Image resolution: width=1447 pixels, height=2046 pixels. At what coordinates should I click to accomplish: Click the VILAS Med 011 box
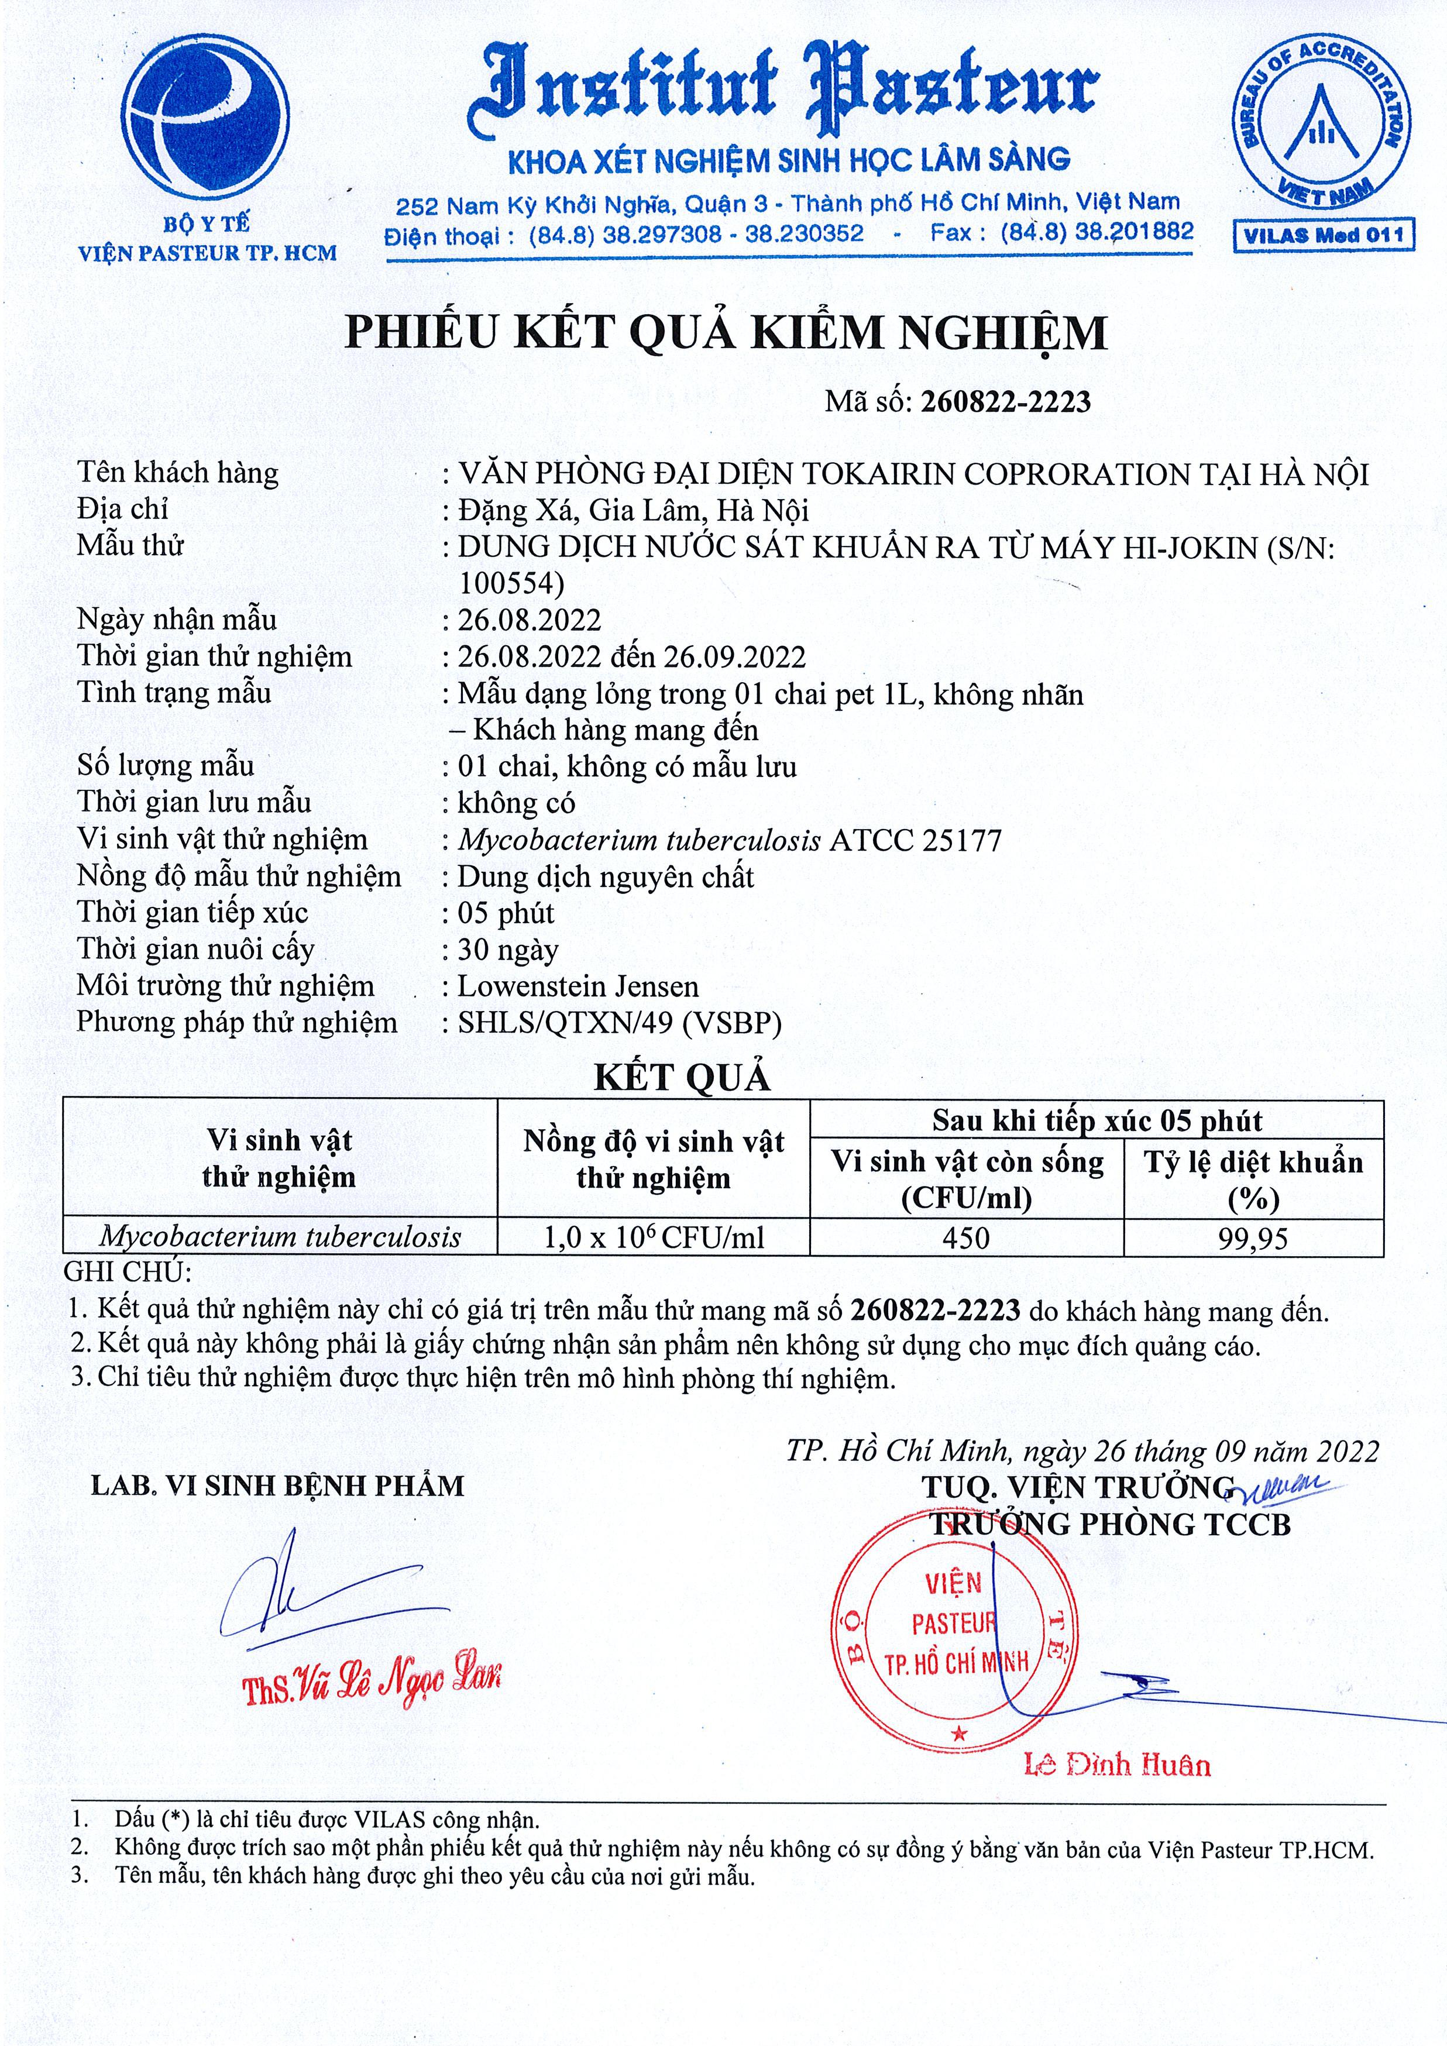(1323, 235)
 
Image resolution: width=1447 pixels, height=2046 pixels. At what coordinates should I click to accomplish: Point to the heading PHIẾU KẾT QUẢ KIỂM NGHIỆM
(726, 332)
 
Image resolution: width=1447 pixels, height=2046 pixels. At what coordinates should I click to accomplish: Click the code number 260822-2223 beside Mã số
(1006, 402)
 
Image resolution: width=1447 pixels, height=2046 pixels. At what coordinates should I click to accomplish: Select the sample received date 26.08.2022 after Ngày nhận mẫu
(530, 620)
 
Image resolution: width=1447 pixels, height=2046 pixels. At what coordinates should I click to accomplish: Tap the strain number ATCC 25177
(915, 840)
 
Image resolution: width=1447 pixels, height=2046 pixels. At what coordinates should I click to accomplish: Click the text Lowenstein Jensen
(578, 986)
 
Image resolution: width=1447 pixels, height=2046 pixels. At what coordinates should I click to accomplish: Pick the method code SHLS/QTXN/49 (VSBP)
(619, 1023)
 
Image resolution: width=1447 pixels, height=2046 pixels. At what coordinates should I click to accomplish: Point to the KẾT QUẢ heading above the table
(682, 1078)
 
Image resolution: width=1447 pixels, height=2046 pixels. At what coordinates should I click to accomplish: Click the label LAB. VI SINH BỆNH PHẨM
(277, 1486)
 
